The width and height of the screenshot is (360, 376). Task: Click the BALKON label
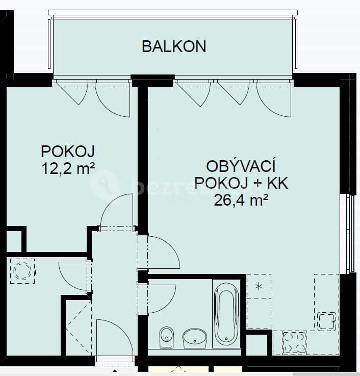(173, 46)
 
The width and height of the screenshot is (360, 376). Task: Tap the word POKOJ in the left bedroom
(68, 152)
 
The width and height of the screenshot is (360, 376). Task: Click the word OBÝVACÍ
(241, 166)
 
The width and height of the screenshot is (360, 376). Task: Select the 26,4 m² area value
(241, 200)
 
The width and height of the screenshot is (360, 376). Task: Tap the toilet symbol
(166, 336)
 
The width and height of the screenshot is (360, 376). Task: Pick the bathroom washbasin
(195, 337)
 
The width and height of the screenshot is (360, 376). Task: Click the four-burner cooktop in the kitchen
(293, 341)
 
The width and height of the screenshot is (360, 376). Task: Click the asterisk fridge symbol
(259, 286)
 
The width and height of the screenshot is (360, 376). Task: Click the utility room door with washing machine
(74, 275)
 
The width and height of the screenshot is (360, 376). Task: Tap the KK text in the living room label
(277, 183)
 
